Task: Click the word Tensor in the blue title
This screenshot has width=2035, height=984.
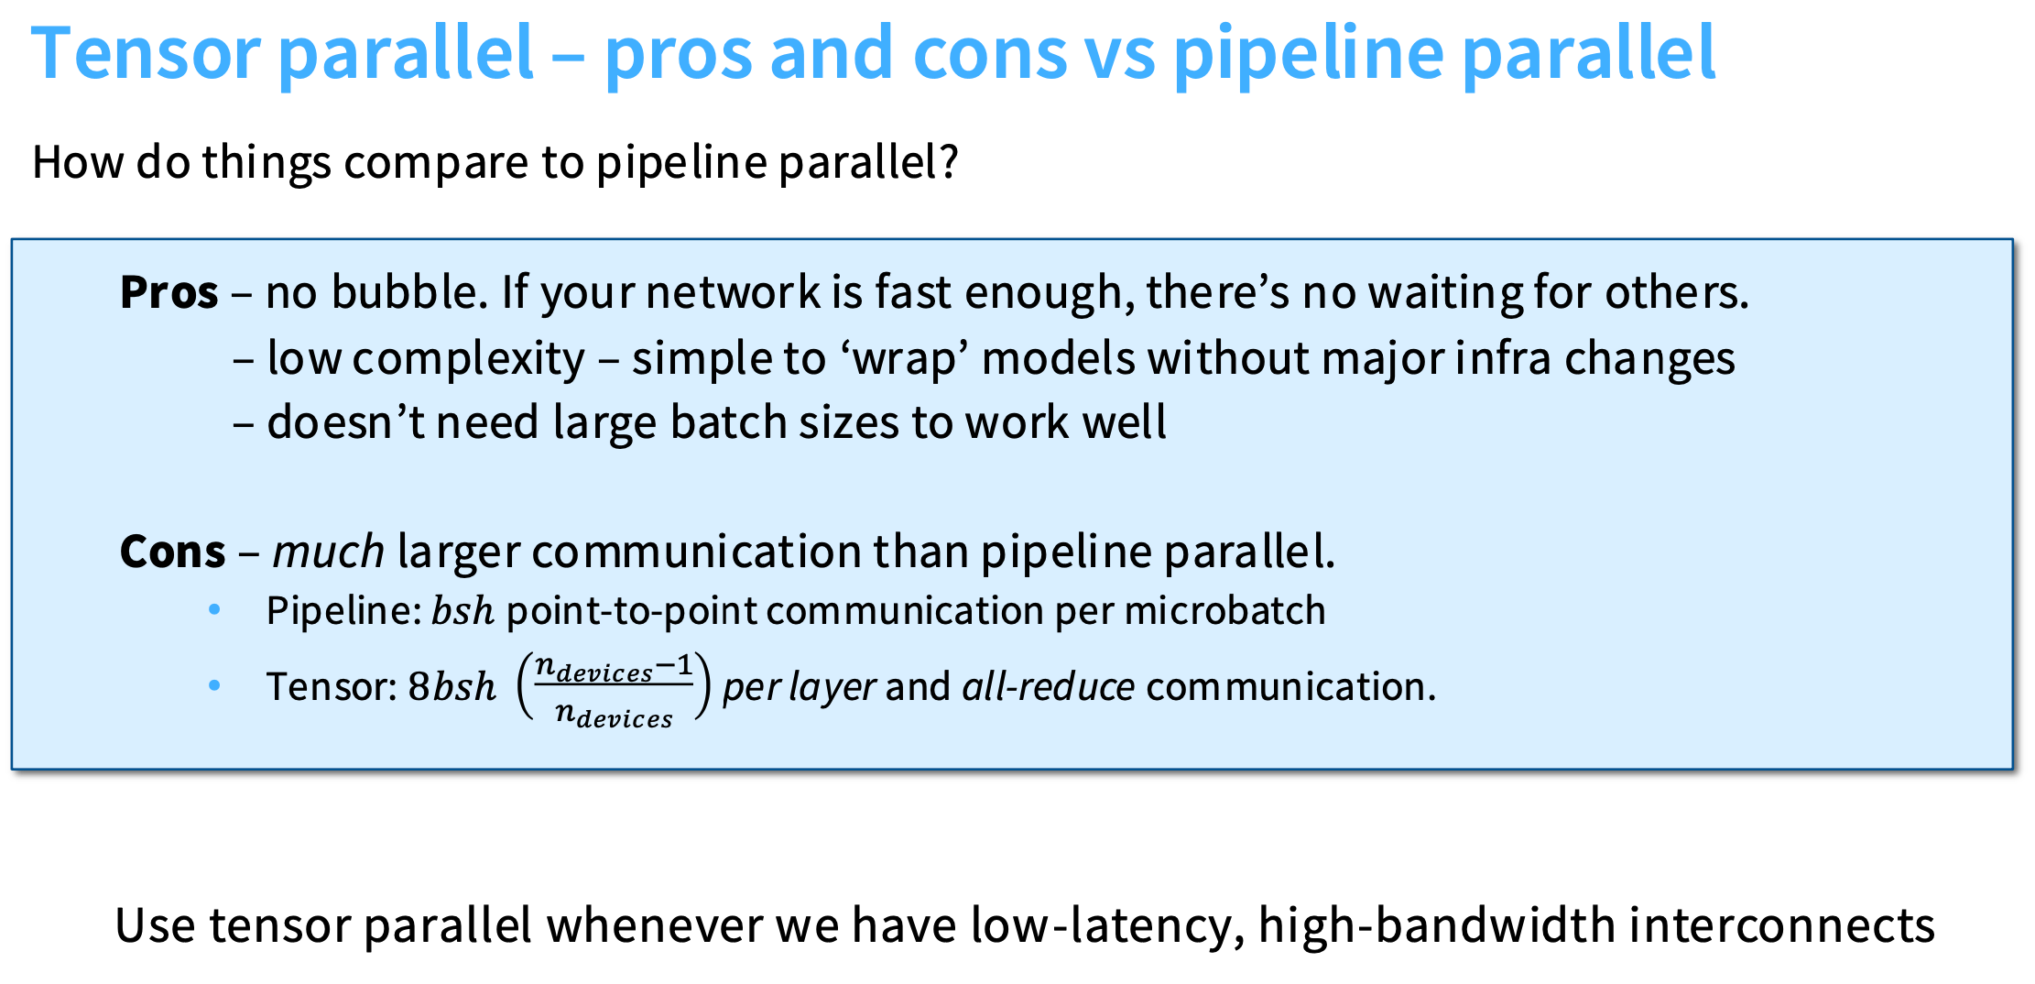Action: click(146, 53)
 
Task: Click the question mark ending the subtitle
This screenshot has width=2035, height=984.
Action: click(947, 161)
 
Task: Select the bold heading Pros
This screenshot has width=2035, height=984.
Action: click(169, 293)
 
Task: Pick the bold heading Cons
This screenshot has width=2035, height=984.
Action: click(172, 552)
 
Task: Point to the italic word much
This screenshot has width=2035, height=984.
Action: click(329, 552)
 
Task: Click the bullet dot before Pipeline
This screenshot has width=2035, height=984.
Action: click(215, 609)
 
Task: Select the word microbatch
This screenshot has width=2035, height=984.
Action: click(1224, 611)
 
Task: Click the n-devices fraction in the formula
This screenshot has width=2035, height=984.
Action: click(614, 689)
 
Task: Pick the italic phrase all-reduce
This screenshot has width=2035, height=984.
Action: click(1048, 686)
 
